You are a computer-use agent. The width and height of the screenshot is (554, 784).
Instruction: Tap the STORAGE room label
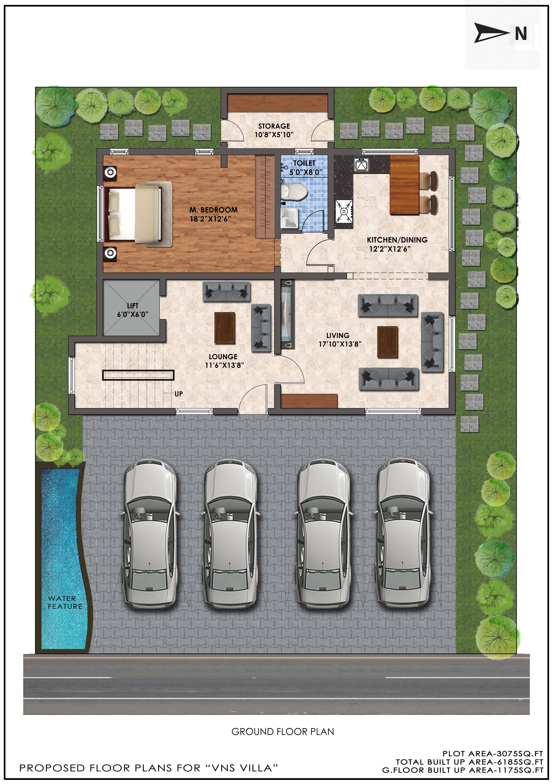click(274, 126)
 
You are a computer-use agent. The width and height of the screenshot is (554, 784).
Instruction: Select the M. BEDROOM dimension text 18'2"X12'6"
click(211, 219)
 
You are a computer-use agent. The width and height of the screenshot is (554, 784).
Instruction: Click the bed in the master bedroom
click(136, 214)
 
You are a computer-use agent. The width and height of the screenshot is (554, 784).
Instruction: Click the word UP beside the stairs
click(178, 394)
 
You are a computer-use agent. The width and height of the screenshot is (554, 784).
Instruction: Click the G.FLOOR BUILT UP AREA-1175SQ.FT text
click(463, 770)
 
